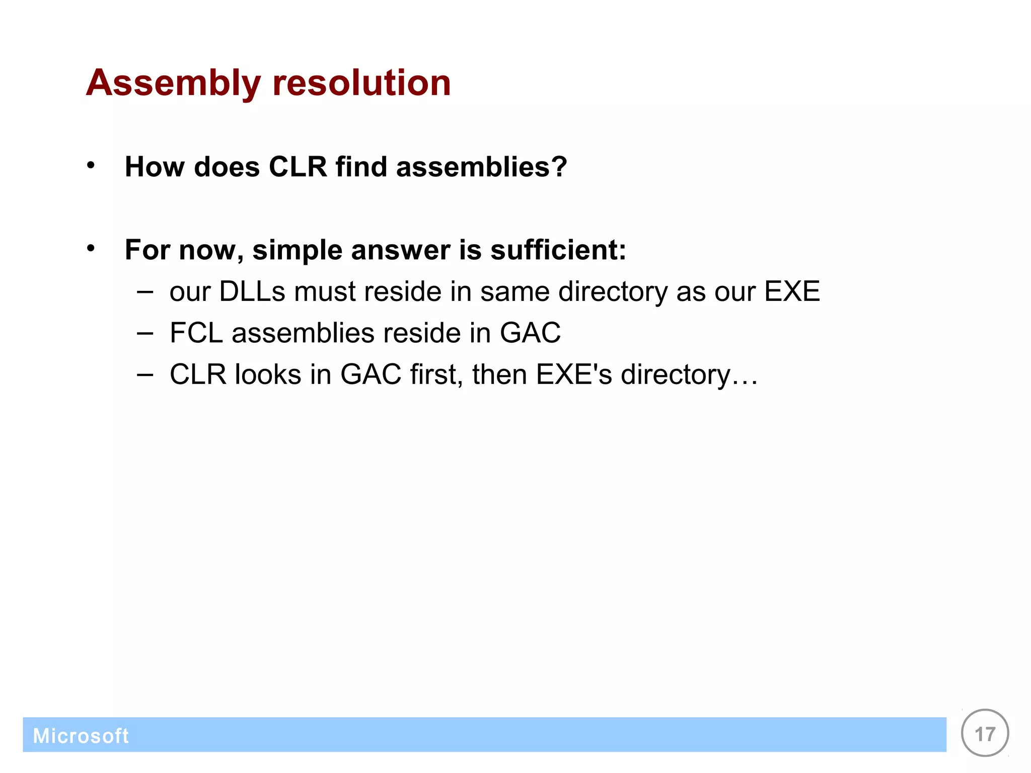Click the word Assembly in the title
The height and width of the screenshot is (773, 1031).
173,83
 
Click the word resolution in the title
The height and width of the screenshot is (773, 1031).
361,83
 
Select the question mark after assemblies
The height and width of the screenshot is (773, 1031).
559,167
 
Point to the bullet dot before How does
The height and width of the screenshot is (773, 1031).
91,165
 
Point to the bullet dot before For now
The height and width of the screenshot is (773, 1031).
91,248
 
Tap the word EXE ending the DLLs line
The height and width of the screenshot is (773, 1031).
792,291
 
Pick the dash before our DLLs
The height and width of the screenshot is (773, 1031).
144,292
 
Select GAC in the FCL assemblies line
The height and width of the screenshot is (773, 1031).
530,333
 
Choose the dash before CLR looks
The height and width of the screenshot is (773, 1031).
144,375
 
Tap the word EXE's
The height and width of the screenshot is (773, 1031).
573,375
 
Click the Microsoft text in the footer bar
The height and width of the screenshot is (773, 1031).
81,736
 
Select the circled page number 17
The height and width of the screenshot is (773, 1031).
985,734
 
